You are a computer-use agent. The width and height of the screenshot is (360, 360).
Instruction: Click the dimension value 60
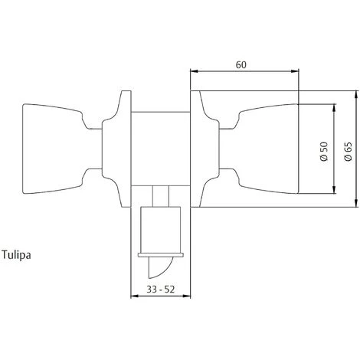(x=241, y=65)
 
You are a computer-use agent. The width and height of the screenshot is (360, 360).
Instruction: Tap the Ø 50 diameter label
(x=324, y=152)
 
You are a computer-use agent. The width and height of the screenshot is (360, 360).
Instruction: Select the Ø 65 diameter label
(x=348, y=151)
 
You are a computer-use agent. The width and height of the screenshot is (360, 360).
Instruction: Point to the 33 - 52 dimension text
(x=160, y=290)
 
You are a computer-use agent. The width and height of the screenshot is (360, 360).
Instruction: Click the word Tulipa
(x=16, y=255)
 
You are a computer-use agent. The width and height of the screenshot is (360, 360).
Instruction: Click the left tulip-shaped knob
(x=62, y=149)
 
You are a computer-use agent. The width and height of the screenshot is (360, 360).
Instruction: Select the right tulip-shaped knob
(x=259, y=149)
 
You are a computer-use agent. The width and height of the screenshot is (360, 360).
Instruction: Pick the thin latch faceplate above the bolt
(x=161, y=255)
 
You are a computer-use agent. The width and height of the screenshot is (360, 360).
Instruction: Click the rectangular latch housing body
(x=161, y=230)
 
